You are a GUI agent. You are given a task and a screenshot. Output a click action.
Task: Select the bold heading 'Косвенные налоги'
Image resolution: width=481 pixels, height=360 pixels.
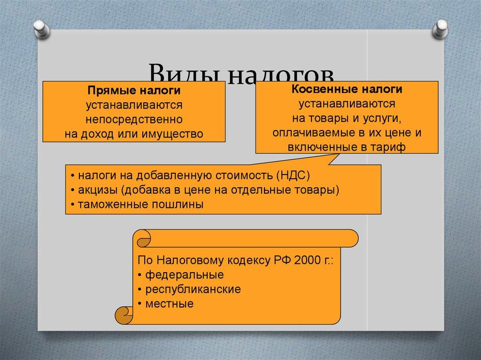pyautogui.click(x=347, y=89)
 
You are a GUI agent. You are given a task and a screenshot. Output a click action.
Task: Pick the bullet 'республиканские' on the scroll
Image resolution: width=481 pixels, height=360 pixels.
pyautogui.click(x=193, y=289)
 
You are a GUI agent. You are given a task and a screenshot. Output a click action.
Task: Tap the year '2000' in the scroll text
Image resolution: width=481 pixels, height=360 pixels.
pyautogui.click(x=307, y=260)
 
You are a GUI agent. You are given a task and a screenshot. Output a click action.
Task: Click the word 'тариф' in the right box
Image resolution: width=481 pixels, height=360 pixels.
pyautogui.click(x=388, y=147)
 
